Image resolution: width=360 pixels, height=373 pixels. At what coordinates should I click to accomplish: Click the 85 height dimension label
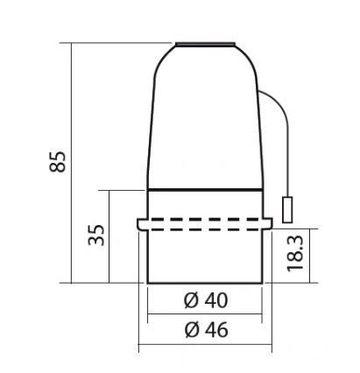[x=58, y=162]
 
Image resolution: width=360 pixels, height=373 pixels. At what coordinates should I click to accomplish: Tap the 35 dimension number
[x=96, y=235]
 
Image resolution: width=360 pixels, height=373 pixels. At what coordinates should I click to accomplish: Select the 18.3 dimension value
[x=295, y=254]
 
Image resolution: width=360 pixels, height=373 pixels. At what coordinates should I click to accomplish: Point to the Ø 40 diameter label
[x=206, y=300]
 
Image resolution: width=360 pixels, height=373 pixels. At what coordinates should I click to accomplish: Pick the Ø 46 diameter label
[x=206, y=330]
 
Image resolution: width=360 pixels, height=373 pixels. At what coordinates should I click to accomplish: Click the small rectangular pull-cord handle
[x=287, y=210]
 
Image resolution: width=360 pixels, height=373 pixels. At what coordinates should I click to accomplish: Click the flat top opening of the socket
[x=206, y=44]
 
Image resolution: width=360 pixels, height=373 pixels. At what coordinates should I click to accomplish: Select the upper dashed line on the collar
[x=205, y=219]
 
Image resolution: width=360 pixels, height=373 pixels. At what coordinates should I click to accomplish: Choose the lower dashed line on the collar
[x=205, y=229]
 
